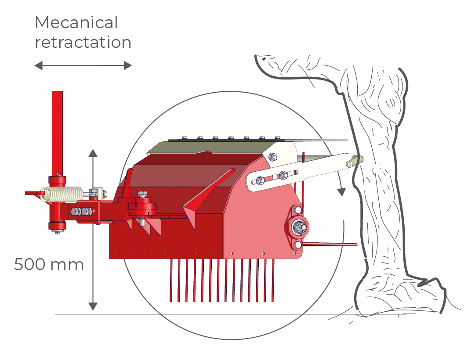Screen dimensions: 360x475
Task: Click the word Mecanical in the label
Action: pyautogui.click(x=76, y=22)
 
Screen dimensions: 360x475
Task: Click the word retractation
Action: pyautogui.click(x=83, y=43)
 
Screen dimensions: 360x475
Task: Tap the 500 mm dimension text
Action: pyautogui.click(x=49, y=265)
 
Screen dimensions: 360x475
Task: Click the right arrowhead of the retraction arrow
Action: pyautogui.click(x=128, y=66)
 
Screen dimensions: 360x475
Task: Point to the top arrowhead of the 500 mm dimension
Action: pyautogui.click(x=92, y=153)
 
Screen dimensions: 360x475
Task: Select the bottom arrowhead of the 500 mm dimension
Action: pyautogui.click(x=92, y=306)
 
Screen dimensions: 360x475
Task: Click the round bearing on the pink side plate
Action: pyautogui.click(x=298, y=227)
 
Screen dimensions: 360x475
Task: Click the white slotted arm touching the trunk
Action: pyautogui.click(x=303, y=169)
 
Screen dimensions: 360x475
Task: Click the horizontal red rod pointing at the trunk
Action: pyautogui.click(x=334, y=244)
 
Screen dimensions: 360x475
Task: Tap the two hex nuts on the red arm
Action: pyautogui.click(x=83, y=212)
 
